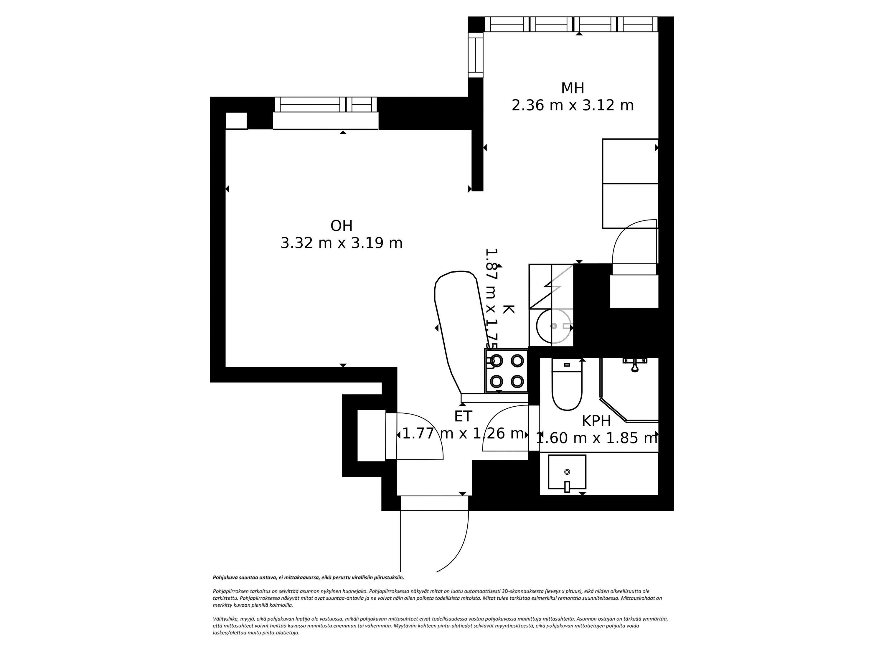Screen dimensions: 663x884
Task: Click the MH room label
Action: (x=572, y=88)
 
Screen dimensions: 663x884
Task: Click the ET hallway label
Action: (x=463, y=416)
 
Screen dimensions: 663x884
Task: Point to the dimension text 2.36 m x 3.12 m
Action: (x=572, y=105)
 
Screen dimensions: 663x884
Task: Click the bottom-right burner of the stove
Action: (x=517, y=381)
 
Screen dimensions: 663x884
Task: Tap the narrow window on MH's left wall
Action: (x=476, y=55)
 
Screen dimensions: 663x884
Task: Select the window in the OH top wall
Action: (x=326, y=105)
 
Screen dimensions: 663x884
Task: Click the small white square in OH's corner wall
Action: (x=236, y=121)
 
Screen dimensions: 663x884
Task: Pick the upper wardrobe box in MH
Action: (x=630, y=161)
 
